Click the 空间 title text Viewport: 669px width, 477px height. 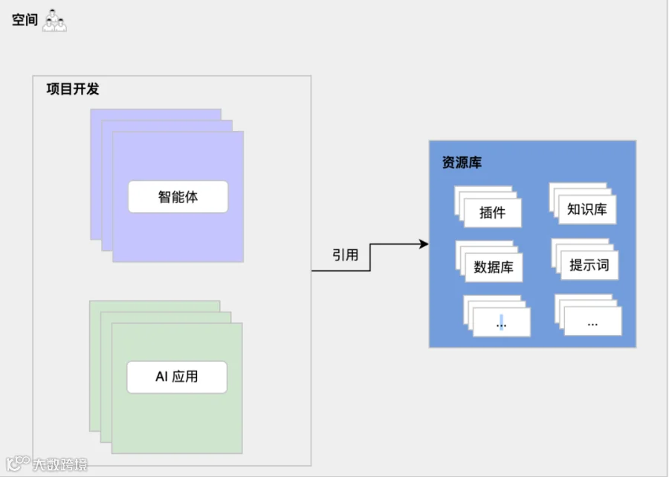[25, 20]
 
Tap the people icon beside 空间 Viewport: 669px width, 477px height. [54, 21]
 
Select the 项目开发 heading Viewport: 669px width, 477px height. [72, 89]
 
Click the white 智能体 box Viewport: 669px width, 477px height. [178, 197]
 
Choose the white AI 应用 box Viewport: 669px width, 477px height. [177, 377]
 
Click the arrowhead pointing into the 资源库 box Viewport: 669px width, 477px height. [424, 244]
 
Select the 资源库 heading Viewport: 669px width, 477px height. [462, 162]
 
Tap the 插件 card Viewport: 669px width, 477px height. [492, 213]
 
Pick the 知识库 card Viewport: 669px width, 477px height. [587, 209]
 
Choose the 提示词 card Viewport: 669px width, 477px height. [589, 265]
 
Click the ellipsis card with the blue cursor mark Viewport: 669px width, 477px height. [502, 323]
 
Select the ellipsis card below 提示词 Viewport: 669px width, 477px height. [593, 321]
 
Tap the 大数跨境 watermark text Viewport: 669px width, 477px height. [59, 465]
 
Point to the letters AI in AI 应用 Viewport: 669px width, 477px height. [162, 377]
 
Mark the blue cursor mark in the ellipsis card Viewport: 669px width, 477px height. [501, 322]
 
